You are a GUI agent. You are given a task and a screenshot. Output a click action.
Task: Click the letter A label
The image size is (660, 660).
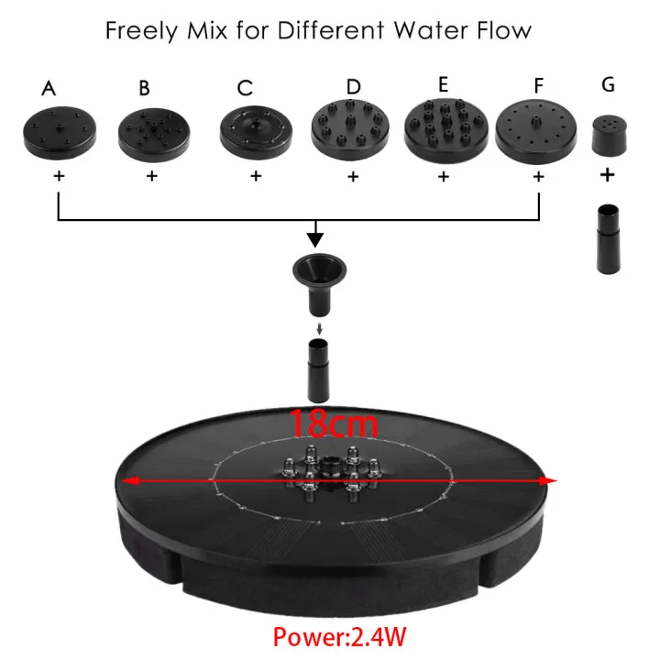(x=49, y=87)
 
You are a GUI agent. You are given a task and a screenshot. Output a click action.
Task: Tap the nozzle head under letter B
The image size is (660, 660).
(x=152, y=133)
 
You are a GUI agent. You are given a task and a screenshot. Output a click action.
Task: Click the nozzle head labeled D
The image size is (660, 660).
(x=352, y=130)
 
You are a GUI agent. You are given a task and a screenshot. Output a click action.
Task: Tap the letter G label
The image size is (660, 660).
(x=608, y=84)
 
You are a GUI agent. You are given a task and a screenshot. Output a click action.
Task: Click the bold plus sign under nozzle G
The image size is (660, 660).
(x=607, y=174)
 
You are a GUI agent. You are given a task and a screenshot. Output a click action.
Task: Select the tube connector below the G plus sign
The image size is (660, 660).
(x=607, y=241)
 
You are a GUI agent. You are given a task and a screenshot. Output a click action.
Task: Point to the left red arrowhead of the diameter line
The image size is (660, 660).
(x=130, y=480)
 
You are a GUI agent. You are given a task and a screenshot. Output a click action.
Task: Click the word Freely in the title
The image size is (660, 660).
(x=140, y=30)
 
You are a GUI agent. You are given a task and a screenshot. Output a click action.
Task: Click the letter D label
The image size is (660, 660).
(x=354, y=86)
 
